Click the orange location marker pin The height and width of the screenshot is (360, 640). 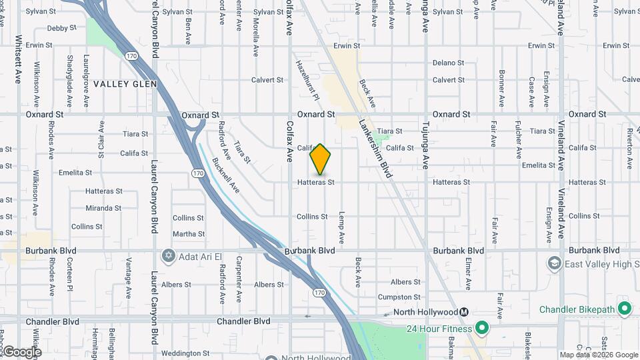coord(320,159)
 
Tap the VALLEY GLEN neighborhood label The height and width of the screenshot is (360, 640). coord(125,84)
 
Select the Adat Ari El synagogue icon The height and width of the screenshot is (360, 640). coord(167,256)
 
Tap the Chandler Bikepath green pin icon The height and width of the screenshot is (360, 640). coord(625,309)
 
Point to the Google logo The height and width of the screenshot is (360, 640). coord(21,351)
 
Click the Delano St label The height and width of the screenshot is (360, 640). coord(447,63)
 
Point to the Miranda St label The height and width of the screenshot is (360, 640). coord(103,208)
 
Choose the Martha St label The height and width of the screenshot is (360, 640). coord(189,234)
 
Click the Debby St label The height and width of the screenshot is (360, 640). coord(62,29)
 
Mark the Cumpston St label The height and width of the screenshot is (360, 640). coord(399,297)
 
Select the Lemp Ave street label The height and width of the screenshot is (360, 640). coord(341,227)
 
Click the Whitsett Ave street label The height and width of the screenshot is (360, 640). coord(19,59)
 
